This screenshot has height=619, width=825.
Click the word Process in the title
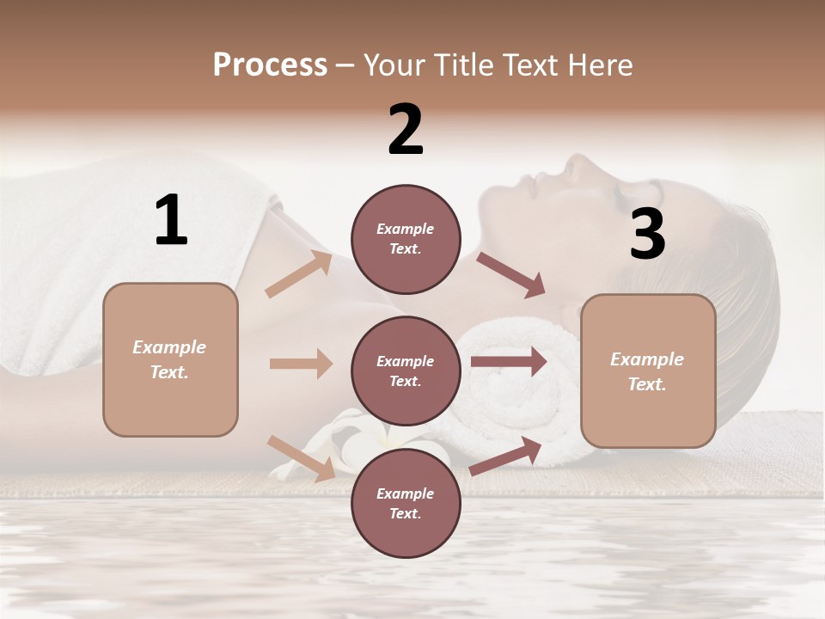tap(270, 64)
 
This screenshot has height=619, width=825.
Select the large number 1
tap(171, 221)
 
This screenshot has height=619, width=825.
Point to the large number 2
tap(406, 130)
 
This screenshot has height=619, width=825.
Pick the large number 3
tap(647, 236)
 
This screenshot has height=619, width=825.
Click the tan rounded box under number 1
tap(170, 359)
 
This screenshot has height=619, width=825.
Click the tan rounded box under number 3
tap(648, 371)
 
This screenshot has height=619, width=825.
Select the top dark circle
tap(406, 239)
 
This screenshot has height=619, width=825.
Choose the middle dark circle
tap(406, 371)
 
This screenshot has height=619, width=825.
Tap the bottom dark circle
tap(406, 503)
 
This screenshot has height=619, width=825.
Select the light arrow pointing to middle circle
tap(301, 364)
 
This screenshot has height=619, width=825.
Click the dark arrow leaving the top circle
tap(511, 275)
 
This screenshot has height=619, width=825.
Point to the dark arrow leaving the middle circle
tap(509, 362)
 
